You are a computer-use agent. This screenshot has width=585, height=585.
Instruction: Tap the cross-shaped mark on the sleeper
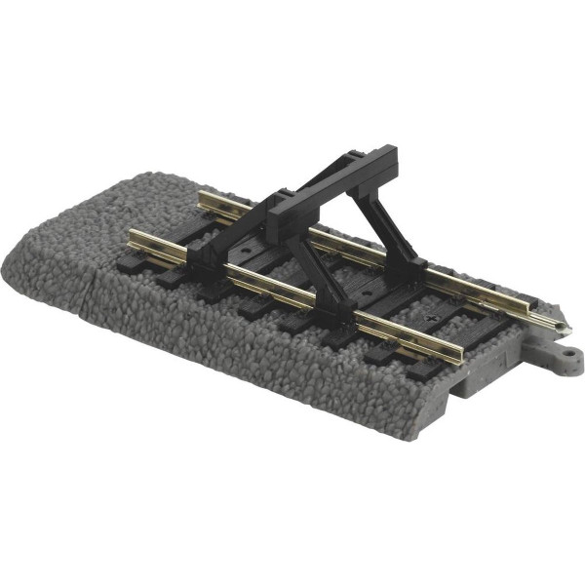pyautogui.click(x=431, y=319)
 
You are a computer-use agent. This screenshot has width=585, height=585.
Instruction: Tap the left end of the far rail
pyautogui.click(x=201, y=198)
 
